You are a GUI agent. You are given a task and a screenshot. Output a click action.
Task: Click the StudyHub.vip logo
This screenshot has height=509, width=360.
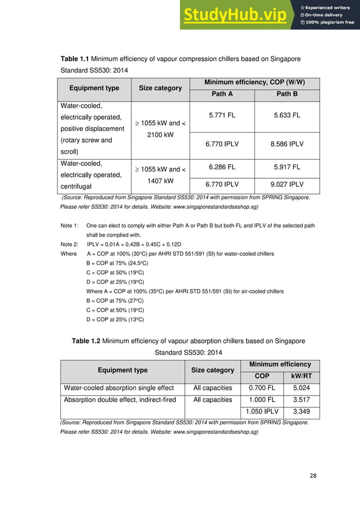(237, 15)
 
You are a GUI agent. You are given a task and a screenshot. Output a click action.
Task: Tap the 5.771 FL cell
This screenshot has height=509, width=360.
(222, 116)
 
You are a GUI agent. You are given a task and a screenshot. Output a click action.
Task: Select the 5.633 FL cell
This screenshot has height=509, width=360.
(286, 116)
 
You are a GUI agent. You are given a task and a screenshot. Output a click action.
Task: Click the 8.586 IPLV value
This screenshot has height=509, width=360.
(286, 144)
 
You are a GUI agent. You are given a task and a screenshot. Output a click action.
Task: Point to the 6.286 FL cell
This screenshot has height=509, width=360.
(222, 166)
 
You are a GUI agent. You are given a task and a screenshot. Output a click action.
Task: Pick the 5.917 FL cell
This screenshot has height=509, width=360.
(286, 166)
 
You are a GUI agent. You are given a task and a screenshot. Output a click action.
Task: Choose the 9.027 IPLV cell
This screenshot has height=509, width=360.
(286, 183)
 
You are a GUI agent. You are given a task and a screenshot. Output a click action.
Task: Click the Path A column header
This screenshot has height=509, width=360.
(222, 94)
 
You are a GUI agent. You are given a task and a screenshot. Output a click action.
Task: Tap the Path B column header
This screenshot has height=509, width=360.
(286, 94)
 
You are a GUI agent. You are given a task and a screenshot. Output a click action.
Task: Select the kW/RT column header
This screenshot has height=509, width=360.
(301, 376)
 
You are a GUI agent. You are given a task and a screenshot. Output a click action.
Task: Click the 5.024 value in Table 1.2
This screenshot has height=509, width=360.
(301, 388)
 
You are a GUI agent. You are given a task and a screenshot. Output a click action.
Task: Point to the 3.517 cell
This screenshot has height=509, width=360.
(301, 400)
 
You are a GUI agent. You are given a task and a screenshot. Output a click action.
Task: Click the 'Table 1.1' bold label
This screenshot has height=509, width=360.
(75, 59)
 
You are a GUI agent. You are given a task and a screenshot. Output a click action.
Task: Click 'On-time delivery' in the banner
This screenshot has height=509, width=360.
(327, 15)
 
